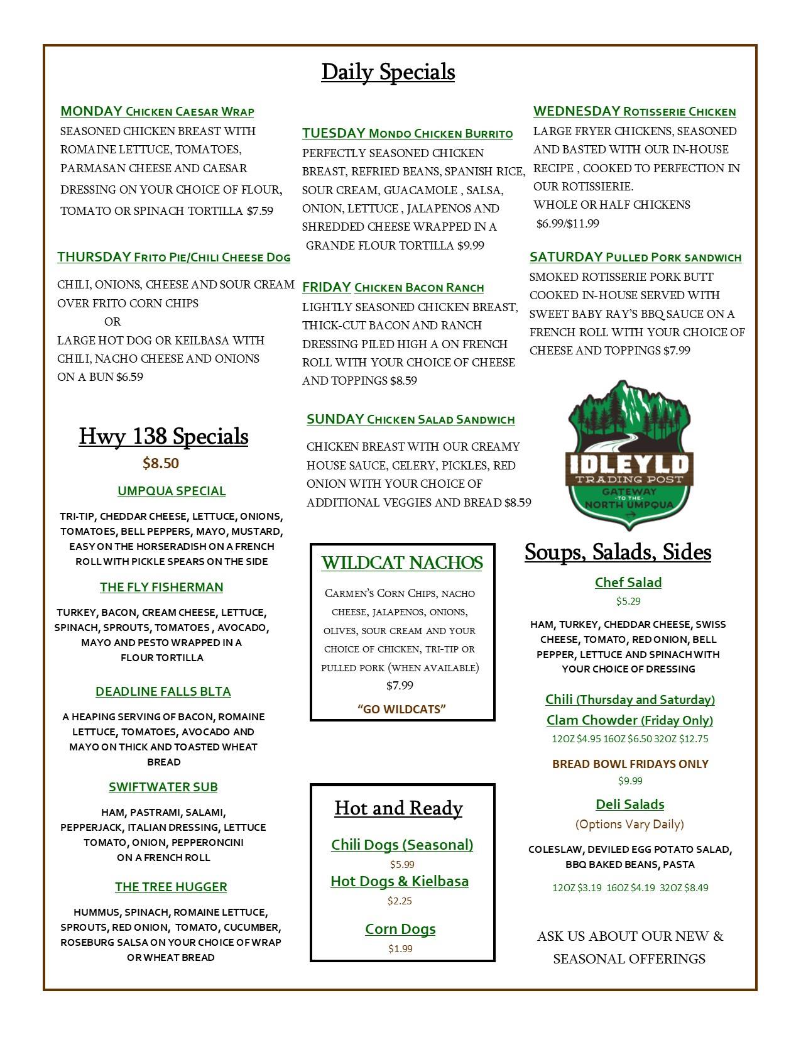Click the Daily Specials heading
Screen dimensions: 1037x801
(388, 72)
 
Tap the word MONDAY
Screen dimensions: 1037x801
(91, 112)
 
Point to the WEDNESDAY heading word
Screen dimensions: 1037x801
(576, 112)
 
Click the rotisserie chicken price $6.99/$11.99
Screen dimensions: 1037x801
(568, 224)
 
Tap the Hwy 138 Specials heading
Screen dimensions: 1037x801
(163, 437)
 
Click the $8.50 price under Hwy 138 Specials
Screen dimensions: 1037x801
(161, 464)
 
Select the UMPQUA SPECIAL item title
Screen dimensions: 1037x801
(172, 491)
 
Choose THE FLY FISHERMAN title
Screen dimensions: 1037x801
(161, 588)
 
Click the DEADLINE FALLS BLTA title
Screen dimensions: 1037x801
(163, 692)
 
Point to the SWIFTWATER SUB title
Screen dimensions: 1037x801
(163, 787)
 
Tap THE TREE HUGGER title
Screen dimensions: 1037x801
(171, 887)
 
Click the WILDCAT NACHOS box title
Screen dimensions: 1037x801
(402, 563)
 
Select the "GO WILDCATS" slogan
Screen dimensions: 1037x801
(401, 710)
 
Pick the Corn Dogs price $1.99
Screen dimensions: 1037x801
(400, 948)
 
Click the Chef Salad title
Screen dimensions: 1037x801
(628, 583)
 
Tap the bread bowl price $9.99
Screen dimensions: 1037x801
(630, 781)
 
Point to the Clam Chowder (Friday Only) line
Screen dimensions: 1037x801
(629, 720)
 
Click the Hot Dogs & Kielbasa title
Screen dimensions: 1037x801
(400, 882)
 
